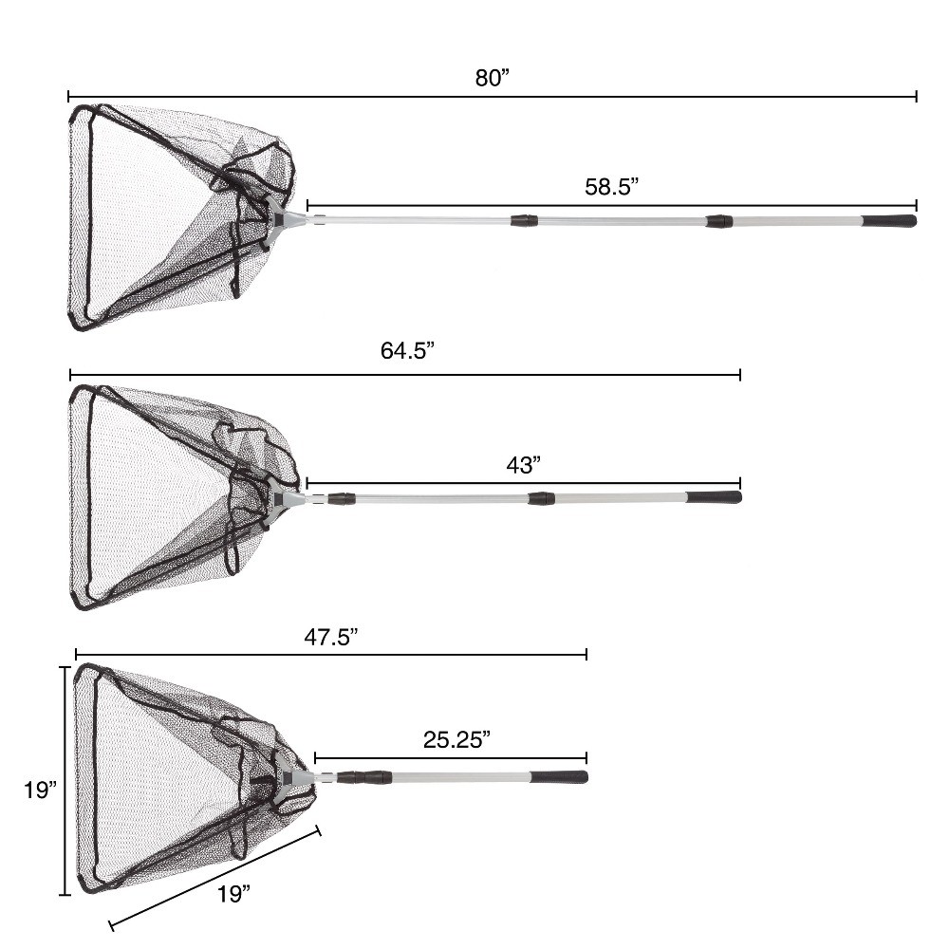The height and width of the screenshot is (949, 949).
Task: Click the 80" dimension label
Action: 492,78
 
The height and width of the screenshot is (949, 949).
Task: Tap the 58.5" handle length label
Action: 611,186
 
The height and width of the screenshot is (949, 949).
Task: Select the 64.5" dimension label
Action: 407,350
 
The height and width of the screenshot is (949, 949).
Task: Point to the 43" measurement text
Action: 523,465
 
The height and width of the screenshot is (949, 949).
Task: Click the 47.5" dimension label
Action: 330,637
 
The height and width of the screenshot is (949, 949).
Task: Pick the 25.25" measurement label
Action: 456,739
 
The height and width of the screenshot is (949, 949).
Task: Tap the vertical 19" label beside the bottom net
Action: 40,790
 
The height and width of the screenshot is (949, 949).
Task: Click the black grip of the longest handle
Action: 889,221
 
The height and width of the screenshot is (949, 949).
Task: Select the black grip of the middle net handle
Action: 714,497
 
